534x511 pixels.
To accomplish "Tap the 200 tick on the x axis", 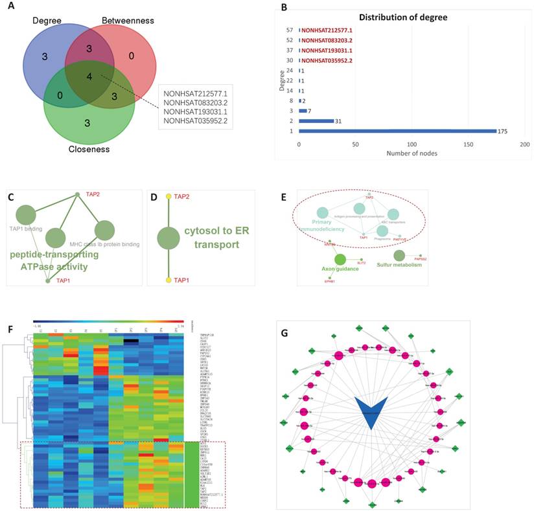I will click(x=525, y=143).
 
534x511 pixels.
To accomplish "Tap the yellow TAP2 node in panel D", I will click(x=168, y=196).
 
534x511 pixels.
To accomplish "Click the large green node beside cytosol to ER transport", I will click(x=168, y=237).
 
